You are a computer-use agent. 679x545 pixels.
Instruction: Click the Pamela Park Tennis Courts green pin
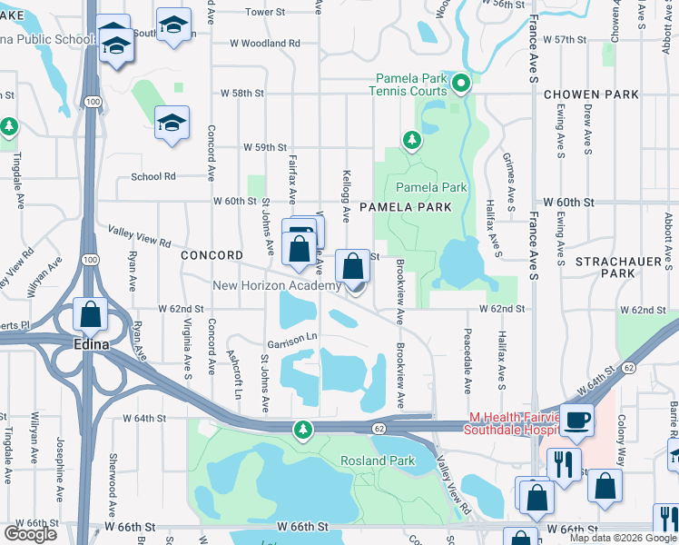point(461,84)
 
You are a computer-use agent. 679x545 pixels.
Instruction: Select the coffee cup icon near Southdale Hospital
point(576,419)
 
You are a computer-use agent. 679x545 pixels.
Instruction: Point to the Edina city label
point(91,345)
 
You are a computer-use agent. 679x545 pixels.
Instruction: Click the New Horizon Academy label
point(277,285)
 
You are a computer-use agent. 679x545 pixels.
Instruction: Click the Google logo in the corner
point(29,534)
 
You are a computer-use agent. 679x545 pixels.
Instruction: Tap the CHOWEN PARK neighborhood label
point(591,94)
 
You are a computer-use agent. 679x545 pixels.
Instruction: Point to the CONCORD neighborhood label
point(212,255)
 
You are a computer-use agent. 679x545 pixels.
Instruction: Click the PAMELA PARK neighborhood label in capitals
point(405,207)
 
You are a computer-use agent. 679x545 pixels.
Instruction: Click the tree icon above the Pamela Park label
point(412,139)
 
